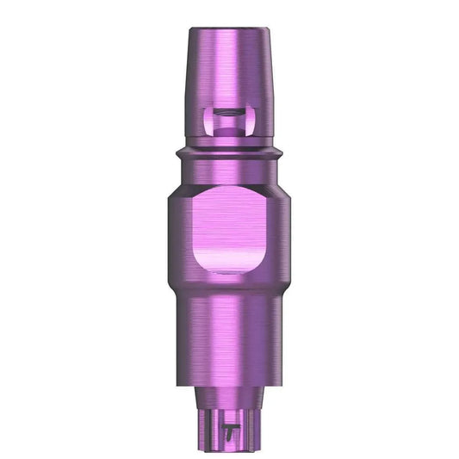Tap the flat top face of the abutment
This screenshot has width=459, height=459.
[x=229, y=30]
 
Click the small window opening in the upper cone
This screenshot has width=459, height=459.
[x=229, y=121]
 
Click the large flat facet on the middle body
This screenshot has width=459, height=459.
[x=229, y=228]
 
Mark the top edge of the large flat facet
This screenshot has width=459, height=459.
[x=229, y=192]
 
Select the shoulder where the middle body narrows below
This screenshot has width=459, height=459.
[x=229, y=288]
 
